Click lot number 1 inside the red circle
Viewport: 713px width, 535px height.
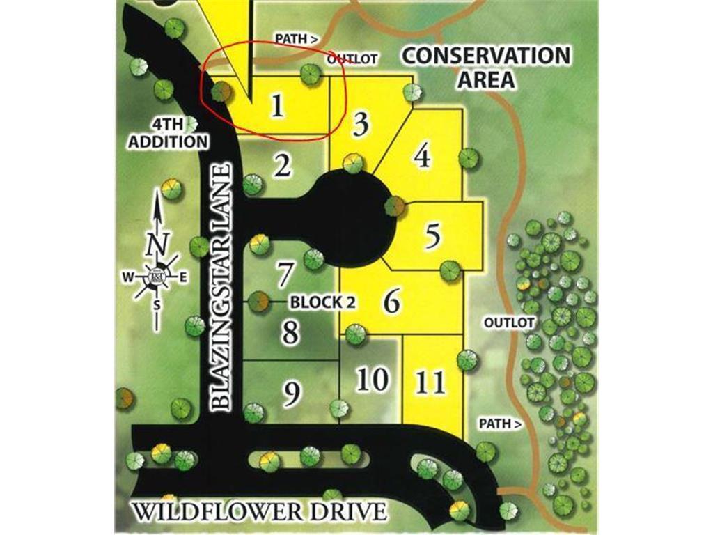point(277,107)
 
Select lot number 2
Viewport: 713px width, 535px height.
point(282,166)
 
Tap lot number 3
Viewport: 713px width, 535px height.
point(360,125)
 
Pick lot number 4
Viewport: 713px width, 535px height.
point(422,156)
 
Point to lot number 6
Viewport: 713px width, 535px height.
point(392,302)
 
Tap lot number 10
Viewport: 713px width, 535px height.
point(372,380)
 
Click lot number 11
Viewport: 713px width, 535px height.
point(430,382)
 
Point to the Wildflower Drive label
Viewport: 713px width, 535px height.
point(259,511)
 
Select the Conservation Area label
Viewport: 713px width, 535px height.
point(487,67)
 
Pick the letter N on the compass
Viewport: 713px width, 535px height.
point(158,245)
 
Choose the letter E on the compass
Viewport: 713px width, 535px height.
point(183,277)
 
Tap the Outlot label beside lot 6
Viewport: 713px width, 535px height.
point(508,323)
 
